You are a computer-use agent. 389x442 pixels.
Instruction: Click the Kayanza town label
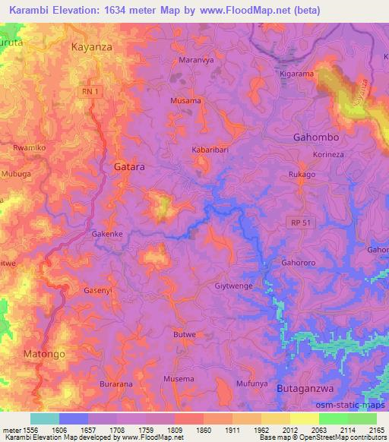tap(91, 47)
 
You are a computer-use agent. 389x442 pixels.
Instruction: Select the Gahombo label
tap(315, 137)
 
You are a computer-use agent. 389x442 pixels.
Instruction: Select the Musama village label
tap(186, 100)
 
